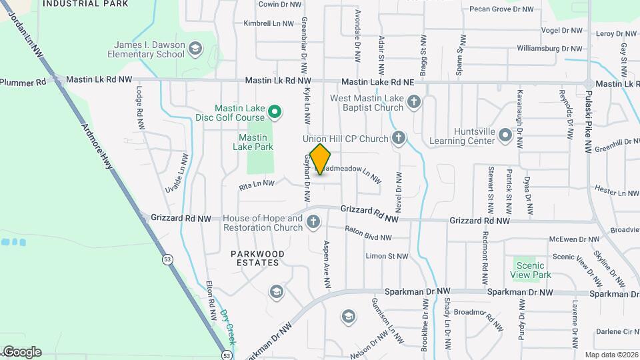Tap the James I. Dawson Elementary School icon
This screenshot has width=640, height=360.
click(x=195, y=49)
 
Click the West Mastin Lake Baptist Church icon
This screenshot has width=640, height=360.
click(x=414, y=103)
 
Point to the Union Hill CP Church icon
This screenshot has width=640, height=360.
click(x=398, y=139)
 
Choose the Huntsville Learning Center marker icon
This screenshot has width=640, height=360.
click(x=505, y=136)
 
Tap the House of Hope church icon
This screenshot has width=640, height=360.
click(x=313, y=223)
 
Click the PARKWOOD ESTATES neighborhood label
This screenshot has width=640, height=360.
click(x=257, y=258)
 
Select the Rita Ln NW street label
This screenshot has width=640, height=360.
click(x=257, y=183)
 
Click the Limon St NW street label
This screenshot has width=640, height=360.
click(x=387, y=256)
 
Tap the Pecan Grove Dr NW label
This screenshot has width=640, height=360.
click(x=501, y=9)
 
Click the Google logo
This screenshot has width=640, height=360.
click(x=21, y=351)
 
